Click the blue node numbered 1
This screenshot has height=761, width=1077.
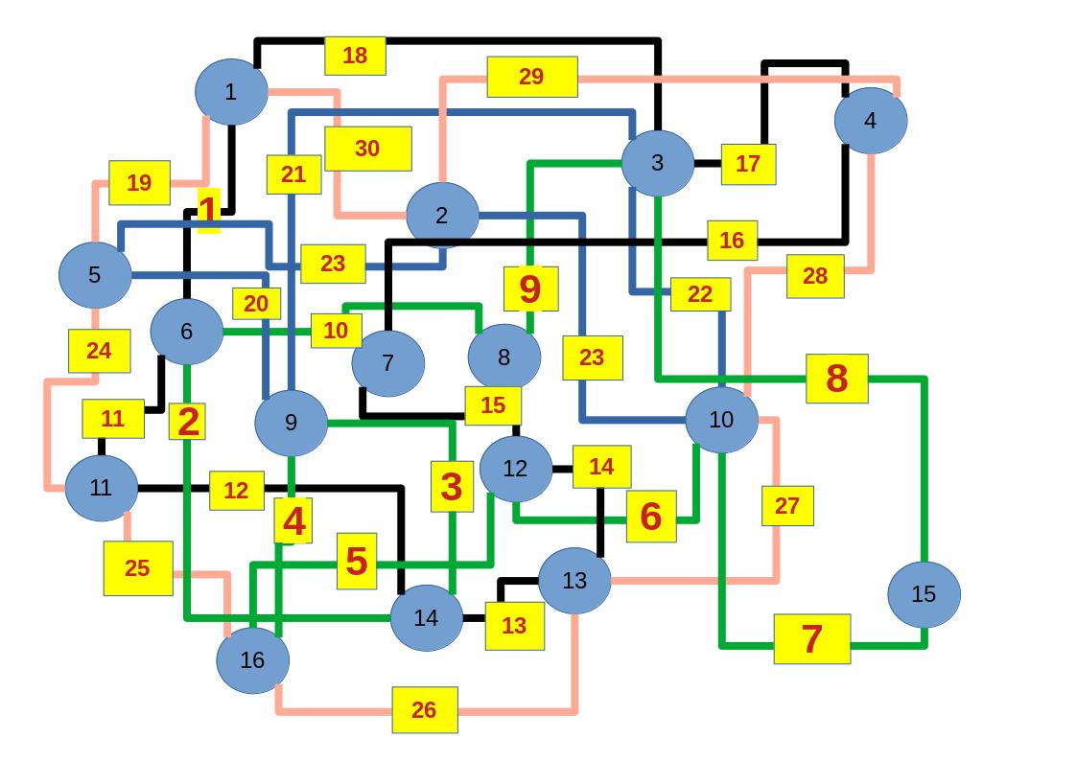click(231, 92)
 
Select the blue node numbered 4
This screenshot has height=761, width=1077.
click(871, 121)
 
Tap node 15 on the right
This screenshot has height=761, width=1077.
click(924, 594)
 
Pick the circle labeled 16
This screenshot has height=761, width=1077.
click(252, 660)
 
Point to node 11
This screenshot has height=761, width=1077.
click(102, 488)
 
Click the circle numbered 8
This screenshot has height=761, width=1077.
click(504, 357)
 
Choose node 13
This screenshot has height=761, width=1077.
click(574, 581)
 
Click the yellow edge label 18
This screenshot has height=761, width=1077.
click(355, 56)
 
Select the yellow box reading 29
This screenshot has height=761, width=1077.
click(531, 77)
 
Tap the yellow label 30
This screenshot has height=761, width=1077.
click(368, 149)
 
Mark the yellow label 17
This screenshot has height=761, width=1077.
click(748, 164)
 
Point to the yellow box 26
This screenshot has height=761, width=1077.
click(424, 710)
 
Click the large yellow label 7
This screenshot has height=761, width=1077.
click(812, 638)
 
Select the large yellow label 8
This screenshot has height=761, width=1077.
click(837, 379)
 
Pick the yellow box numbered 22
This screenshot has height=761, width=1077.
click(700, 294)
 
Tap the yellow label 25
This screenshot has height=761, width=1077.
click(138, 568)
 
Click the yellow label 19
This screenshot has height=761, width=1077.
click(139, 183)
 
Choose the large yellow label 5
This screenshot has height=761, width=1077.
click(357, 562)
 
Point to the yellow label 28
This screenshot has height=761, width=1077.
click(815, 276)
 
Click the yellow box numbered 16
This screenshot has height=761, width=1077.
click(733, 241)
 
